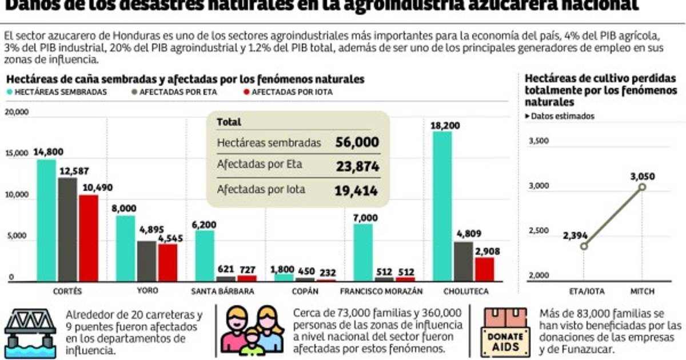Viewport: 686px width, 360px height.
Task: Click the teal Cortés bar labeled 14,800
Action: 46,220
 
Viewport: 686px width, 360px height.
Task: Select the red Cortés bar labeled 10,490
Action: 89,238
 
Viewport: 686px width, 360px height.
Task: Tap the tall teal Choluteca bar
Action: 442,206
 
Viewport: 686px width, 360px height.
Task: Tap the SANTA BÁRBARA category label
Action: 223,291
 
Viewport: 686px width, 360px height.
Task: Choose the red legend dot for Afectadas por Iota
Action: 246,91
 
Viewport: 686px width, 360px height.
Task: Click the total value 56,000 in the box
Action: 357,142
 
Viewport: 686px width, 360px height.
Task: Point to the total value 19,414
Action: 357,190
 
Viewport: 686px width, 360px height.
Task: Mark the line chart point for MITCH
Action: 643,187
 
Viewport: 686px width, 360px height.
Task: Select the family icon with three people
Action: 252,330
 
